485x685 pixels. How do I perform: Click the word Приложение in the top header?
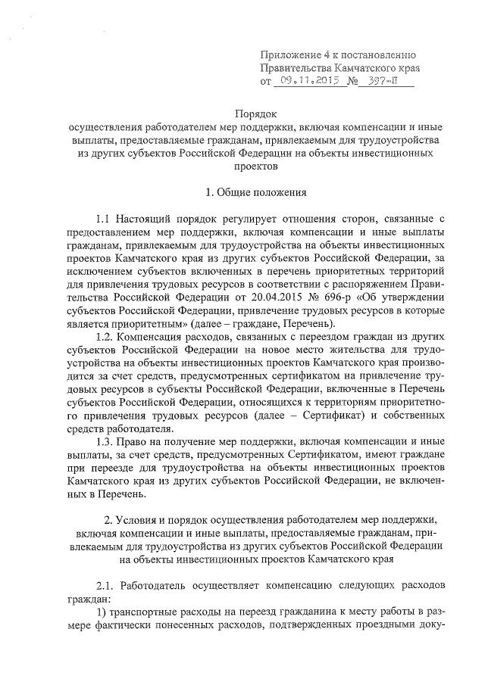(288, 54)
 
